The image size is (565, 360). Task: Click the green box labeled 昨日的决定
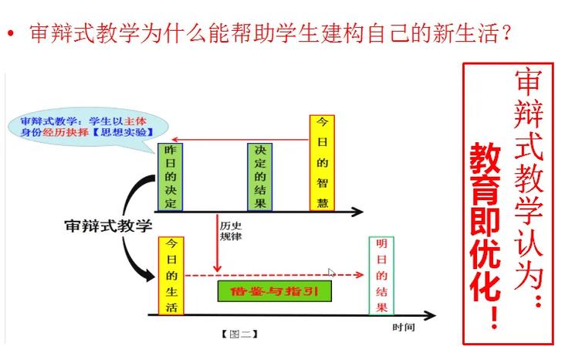point(170,177)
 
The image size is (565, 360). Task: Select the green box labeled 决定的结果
point(260,177)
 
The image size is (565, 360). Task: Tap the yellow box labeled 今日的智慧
point(322,163)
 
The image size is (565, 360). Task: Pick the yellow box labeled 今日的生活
point(171,276)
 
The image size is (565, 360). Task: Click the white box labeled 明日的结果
point(381,276)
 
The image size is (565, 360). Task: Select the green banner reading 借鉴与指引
point(275,291)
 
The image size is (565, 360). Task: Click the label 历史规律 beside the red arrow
point(231,231)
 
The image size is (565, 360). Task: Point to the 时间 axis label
point(404,328)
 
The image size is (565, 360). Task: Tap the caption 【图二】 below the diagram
point(239,334)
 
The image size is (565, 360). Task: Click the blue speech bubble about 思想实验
point(87,127)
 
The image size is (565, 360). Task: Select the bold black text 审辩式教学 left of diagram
point(109,226)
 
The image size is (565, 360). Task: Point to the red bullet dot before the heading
point(11,34)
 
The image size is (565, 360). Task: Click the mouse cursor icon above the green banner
point(331,273)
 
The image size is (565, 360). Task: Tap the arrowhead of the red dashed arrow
point(359,275)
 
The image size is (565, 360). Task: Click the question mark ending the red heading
point(506,32)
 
